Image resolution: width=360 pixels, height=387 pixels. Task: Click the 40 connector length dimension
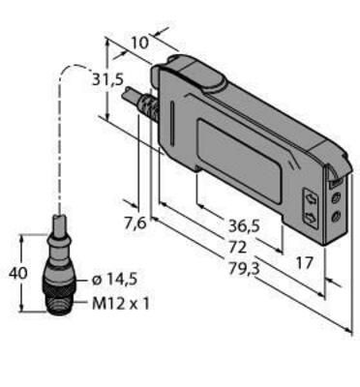click(16, 274)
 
